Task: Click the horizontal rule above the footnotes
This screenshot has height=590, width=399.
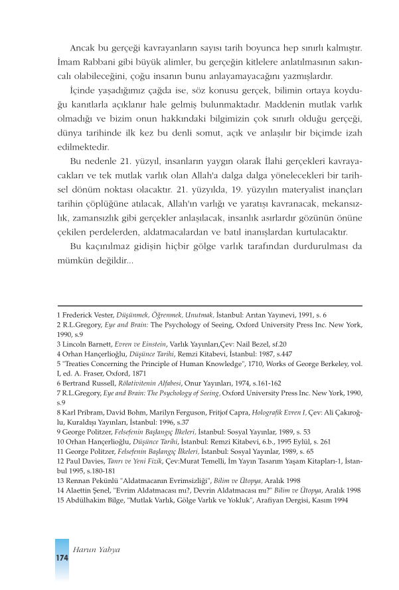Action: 209,306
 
